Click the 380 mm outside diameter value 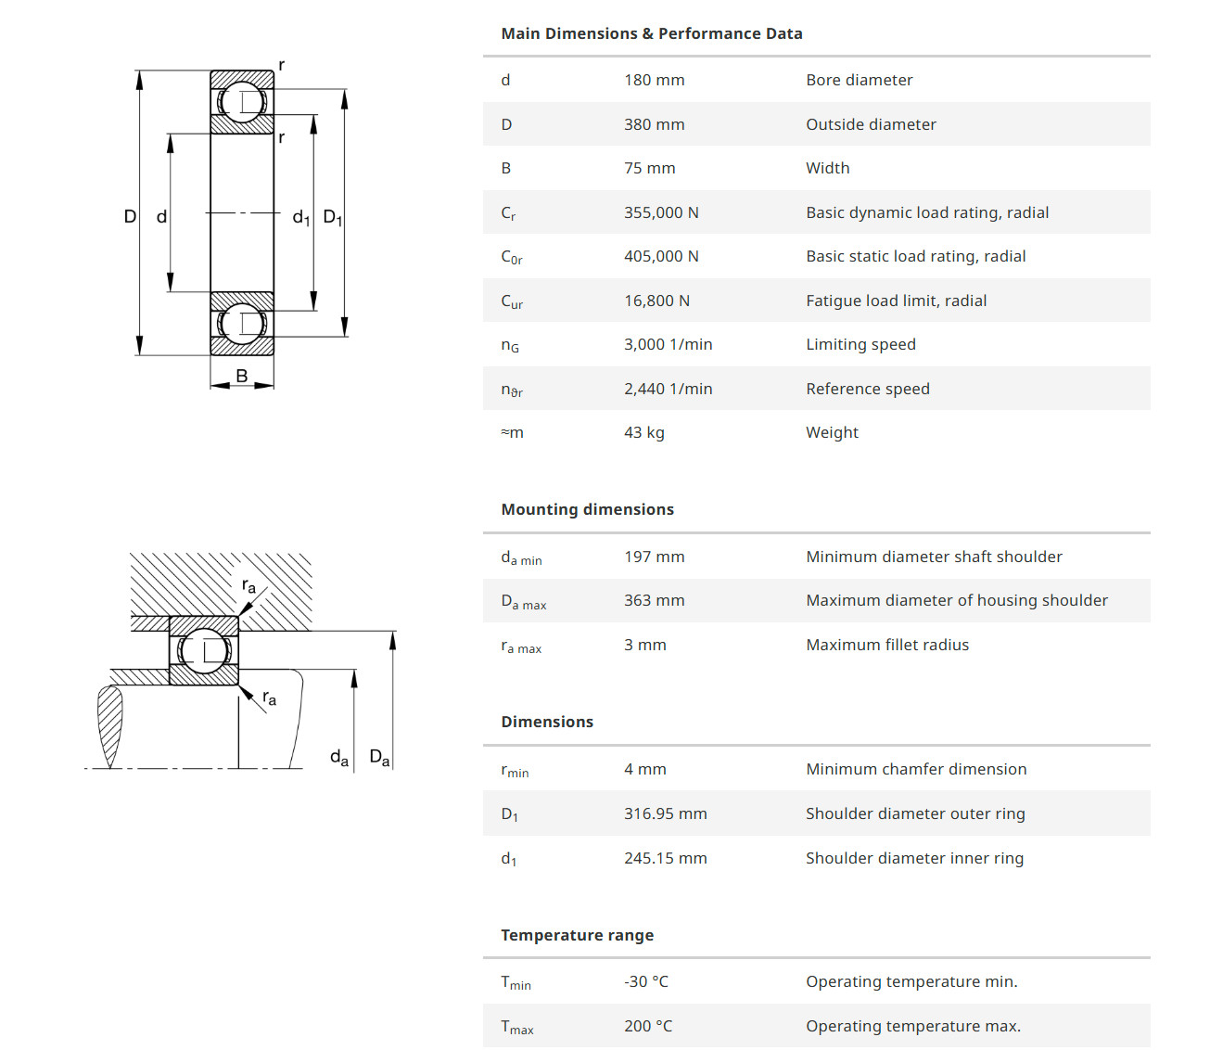click(654, 124)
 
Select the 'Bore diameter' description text click(859, 80)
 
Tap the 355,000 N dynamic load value click(661, 212)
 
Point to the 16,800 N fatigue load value click(656, 301)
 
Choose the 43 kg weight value click(643, 432)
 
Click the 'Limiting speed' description click(860, 344)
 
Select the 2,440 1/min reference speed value click(668, 389)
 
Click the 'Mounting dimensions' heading click(587, 509)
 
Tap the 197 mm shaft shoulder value click(654, 557)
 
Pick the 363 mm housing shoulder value click(654, 600)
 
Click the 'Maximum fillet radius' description click(886, 645)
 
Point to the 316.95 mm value click(665, 813)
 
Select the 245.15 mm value click(665, 858)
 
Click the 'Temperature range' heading click(577, 935)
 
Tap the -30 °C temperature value click(645, 981)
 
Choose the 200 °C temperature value click(648, 1026)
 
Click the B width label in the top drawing click(242, 376)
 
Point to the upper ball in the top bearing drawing click(242, 101)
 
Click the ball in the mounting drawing click(204, 650)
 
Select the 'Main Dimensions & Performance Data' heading click(651, 33)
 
